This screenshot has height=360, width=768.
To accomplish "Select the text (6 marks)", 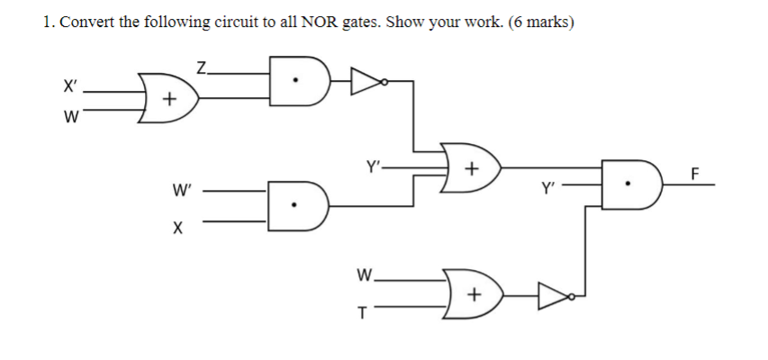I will coord(540,22).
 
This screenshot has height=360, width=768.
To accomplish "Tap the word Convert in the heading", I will coord(86,22).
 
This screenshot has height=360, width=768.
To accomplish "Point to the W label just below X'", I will coord(68,117).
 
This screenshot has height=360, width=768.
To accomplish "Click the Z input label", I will coord(202,65).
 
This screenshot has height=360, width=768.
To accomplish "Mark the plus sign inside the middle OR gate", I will coord(469,170).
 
